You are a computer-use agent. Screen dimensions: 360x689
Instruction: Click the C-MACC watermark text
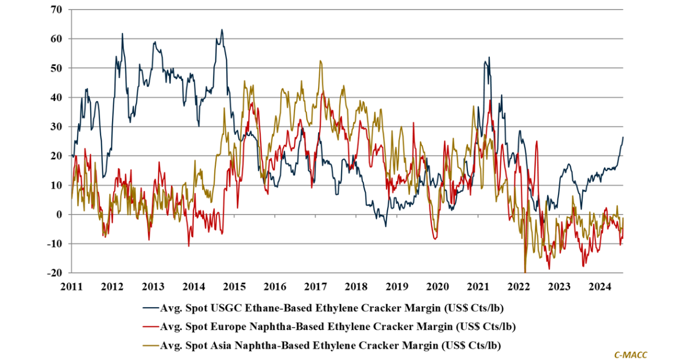point(630,355)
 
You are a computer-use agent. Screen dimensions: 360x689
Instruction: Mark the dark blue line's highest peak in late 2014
point(222,30)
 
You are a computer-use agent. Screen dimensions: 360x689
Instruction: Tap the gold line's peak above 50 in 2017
point(319,61)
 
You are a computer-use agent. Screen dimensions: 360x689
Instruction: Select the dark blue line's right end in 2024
point(623,137)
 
